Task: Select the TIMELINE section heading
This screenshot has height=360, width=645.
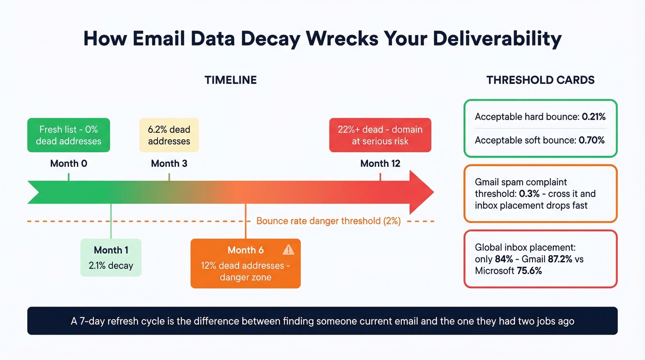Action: pos(230,80)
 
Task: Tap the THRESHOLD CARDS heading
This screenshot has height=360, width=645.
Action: pos(540,80)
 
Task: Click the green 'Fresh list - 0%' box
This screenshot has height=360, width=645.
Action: pos(69,135)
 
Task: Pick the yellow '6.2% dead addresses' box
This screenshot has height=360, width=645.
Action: pos(169,135)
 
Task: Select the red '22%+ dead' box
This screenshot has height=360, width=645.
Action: pos(380,135)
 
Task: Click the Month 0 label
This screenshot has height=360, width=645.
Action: pos(69,164)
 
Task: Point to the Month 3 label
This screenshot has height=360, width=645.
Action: pos(169,164)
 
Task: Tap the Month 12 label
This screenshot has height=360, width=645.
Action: pos(380,164)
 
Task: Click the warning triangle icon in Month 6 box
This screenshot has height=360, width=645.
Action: pos(288,250)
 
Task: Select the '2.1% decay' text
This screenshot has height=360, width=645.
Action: pos(111,266)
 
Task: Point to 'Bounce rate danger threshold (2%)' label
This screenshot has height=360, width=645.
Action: pos(328,221)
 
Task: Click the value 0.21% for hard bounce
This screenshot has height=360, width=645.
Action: pos(594,117)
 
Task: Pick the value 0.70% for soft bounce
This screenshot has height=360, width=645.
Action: pos(592,140)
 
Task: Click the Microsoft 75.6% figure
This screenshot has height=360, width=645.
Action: pos(528,271)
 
